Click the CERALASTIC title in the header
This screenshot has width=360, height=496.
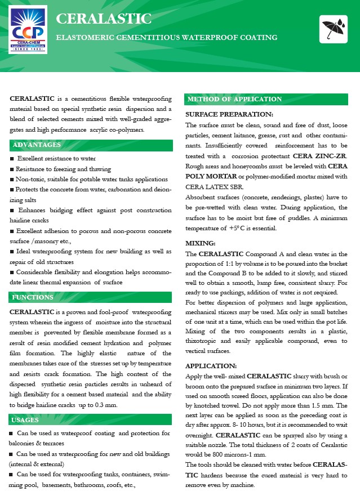click(x=104, y=19)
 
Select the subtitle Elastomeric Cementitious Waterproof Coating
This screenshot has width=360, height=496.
click(x=167, y=38)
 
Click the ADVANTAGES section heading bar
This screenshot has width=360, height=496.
click(x=91, y=145)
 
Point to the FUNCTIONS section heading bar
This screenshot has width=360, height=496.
click(x=91, y=297)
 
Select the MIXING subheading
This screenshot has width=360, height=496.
click(x=201, y=243)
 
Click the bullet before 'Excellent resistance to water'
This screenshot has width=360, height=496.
click(x=12, y=159)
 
